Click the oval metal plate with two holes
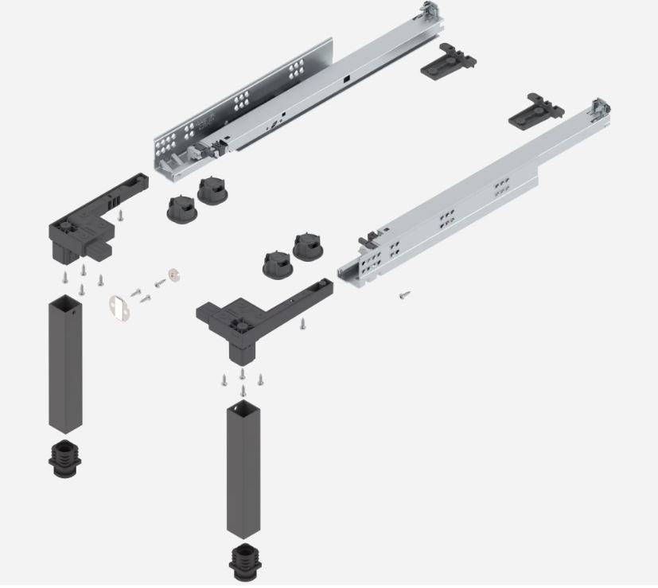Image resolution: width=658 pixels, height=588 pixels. pos(118,306)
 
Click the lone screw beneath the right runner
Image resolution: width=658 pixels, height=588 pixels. pos(405,294)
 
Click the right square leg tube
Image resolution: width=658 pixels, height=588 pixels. pos(243,469)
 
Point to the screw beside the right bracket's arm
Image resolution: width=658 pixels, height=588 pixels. pos(303,323)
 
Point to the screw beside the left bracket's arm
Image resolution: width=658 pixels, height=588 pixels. pos(118,215)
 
